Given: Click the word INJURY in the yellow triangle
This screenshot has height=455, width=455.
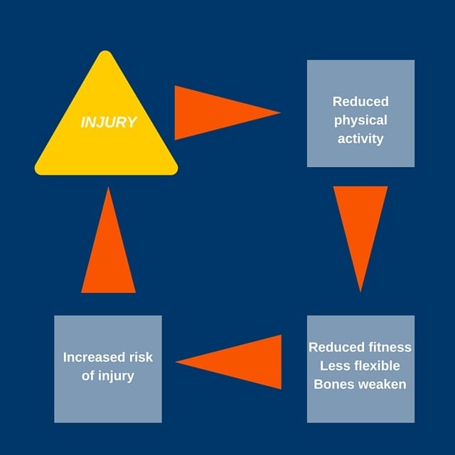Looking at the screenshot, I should click(108, 122).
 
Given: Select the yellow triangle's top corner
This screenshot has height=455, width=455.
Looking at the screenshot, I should click(106, 55).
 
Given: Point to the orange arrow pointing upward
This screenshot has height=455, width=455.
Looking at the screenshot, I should click(108, 249).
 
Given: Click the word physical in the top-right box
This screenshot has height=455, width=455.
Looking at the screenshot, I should click(360, 120).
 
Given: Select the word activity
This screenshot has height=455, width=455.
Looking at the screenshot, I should click(360, 139).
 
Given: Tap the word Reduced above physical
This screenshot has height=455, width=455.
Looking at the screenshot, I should click(360, 102).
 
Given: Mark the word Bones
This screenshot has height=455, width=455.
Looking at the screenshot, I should click(335, 385).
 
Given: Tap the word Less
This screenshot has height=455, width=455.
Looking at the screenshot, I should click(334, 366).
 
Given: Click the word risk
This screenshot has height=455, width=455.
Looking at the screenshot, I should click(139, 358).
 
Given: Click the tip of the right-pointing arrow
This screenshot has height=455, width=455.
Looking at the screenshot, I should click(279, 112).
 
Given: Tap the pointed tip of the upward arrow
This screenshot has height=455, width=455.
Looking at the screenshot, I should click(108, 189).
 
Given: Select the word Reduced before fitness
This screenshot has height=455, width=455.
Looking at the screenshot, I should click(334, 348).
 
